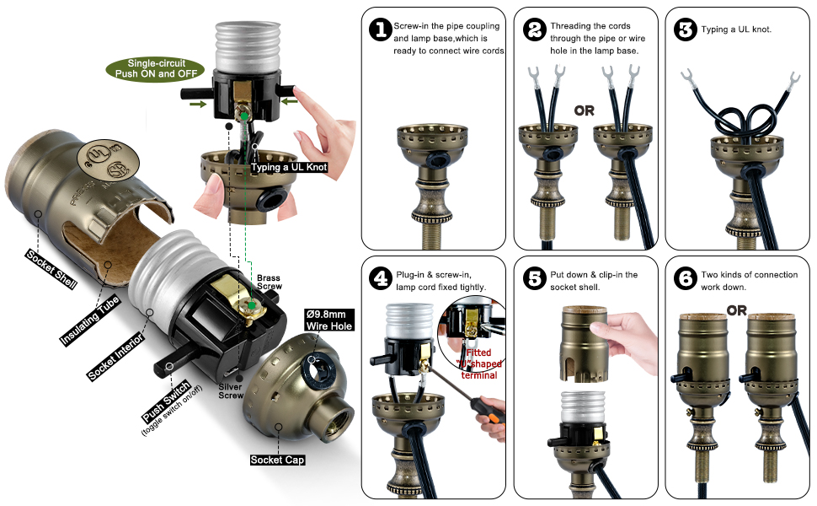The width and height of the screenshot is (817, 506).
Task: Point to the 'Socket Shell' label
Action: point(51,268)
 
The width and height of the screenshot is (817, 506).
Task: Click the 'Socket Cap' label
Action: point(277,460)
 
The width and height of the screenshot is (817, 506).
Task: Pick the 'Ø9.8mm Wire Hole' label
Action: point(328,320)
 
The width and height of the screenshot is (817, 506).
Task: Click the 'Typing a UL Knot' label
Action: point(289,168)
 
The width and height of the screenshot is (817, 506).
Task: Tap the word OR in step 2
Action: point(585,110)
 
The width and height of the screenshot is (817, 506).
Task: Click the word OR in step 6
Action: point(736,310)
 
